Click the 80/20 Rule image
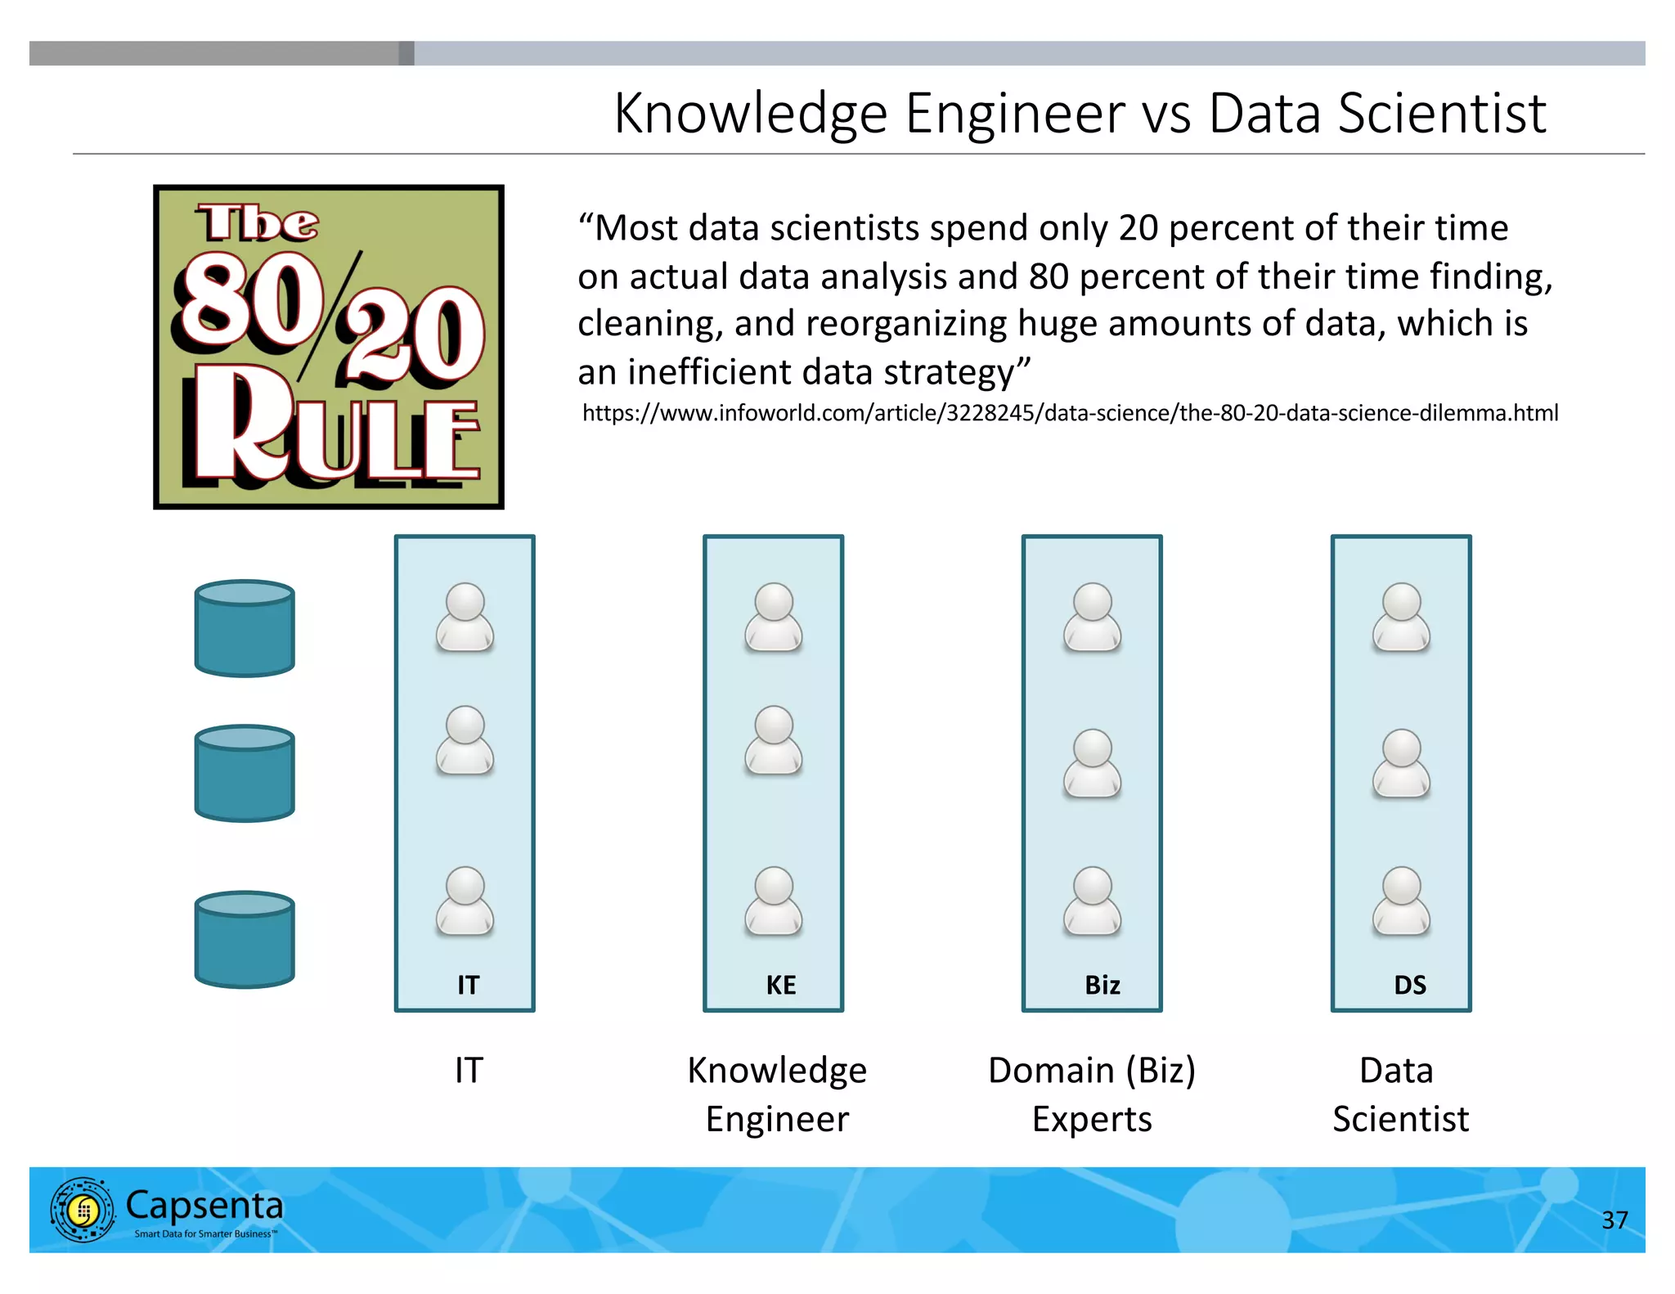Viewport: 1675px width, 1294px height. pyautogui.click(x=328, y=347)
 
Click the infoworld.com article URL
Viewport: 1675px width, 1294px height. pyautogui.click(x=1070, y=413)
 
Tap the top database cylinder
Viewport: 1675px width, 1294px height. pyautogui.click(x=245, y=629)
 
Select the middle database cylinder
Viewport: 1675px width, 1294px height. pyautogui.click(x=245, y=774)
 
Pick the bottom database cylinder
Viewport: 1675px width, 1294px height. pyautogui.click(x=245, y=940)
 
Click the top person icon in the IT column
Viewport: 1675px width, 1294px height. pyautogui.click(x=465, y=618)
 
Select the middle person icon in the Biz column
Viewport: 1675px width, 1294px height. pyautogui.click(x=1092, y=763)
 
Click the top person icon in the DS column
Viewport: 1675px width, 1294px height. pyautogui.click(x=1401, y=618)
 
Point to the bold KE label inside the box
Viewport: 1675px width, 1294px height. pyautogui.click(x=781, y=985)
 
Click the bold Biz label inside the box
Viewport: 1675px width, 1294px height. pyautogui.click(x=1102, y=985)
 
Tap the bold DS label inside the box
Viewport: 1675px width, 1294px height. pyautogui.click(x=1410, y=985)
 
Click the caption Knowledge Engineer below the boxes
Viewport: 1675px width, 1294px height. pyautogui.click(x=777, y=1094)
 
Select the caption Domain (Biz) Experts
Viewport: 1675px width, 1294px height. pyautogui.click(x=1092, y=1094)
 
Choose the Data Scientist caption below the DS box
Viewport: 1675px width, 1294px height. pyautogui.click(x=1400, y=1094)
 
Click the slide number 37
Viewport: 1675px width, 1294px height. pyautogui.click(x=1614, y=1220)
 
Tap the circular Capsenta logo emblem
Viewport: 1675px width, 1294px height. pyautogui.click(x=83, y=1210)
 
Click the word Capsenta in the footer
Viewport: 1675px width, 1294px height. pyautogui.click(x=204, y=1205)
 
